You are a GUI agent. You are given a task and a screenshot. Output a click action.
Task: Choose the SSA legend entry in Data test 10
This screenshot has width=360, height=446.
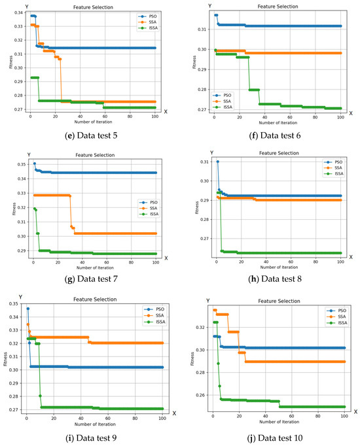(332, 316)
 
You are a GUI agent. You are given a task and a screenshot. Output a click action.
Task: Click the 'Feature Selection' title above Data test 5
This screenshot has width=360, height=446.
(92, 7)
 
